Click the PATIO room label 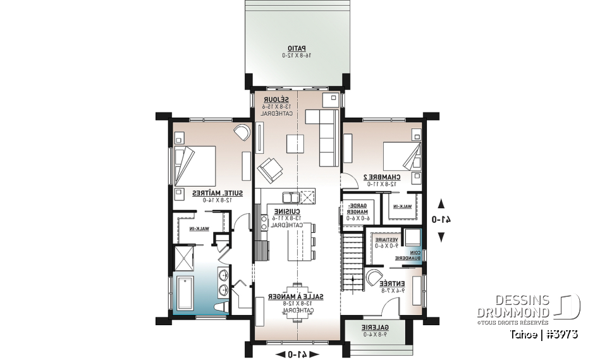click(x=296, y=48)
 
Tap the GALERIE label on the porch click(x=374, y=328)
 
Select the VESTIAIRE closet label click(x=386, y=240)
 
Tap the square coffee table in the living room click(x=295, y=144)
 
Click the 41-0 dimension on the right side click(x=441, y=220)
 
